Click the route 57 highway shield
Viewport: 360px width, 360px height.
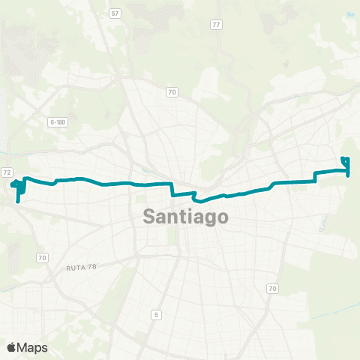(115, 13)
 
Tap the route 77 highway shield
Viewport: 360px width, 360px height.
(216, 25)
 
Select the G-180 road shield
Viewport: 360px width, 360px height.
(57, 121)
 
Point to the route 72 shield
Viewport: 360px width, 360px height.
(7, 172)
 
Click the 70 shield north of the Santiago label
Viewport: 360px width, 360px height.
(172, 91)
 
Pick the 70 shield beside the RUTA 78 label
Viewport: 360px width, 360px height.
(42, 257)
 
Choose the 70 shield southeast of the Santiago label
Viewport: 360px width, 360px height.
(271, 288)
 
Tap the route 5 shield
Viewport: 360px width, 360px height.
(155, 313)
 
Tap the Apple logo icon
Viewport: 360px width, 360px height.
(13, 346)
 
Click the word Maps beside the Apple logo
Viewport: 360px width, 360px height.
(33, 347)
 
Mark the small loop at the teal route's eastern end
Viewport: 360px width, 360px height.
(345, 160)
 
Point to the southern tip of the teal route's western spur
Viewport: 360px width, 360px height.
(16, 201)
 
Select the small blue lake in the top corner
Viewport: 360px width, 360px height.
(351, 13)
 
